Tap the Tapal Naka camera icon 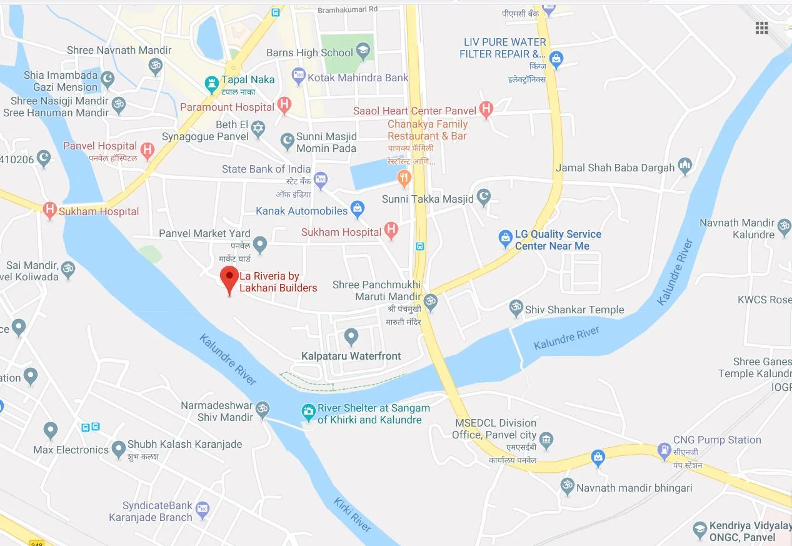211,82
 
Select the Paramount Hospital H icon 284,105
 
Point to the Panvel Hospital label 100,146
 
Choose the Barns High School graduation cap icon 363,52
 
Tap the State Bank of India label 266,169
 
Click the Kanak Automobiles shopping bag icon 357,210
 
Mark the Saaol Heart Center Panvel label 414,111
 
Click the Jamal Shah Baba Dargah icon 686,166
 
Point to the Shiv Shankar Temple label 574,310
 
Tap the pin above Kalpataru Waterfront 351,337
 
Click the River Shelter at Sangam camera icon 308,412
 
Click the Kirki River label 353,514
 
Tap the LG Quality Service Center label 558,240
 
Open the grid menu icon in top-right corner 761,28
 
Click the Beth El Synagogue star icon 258,130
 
